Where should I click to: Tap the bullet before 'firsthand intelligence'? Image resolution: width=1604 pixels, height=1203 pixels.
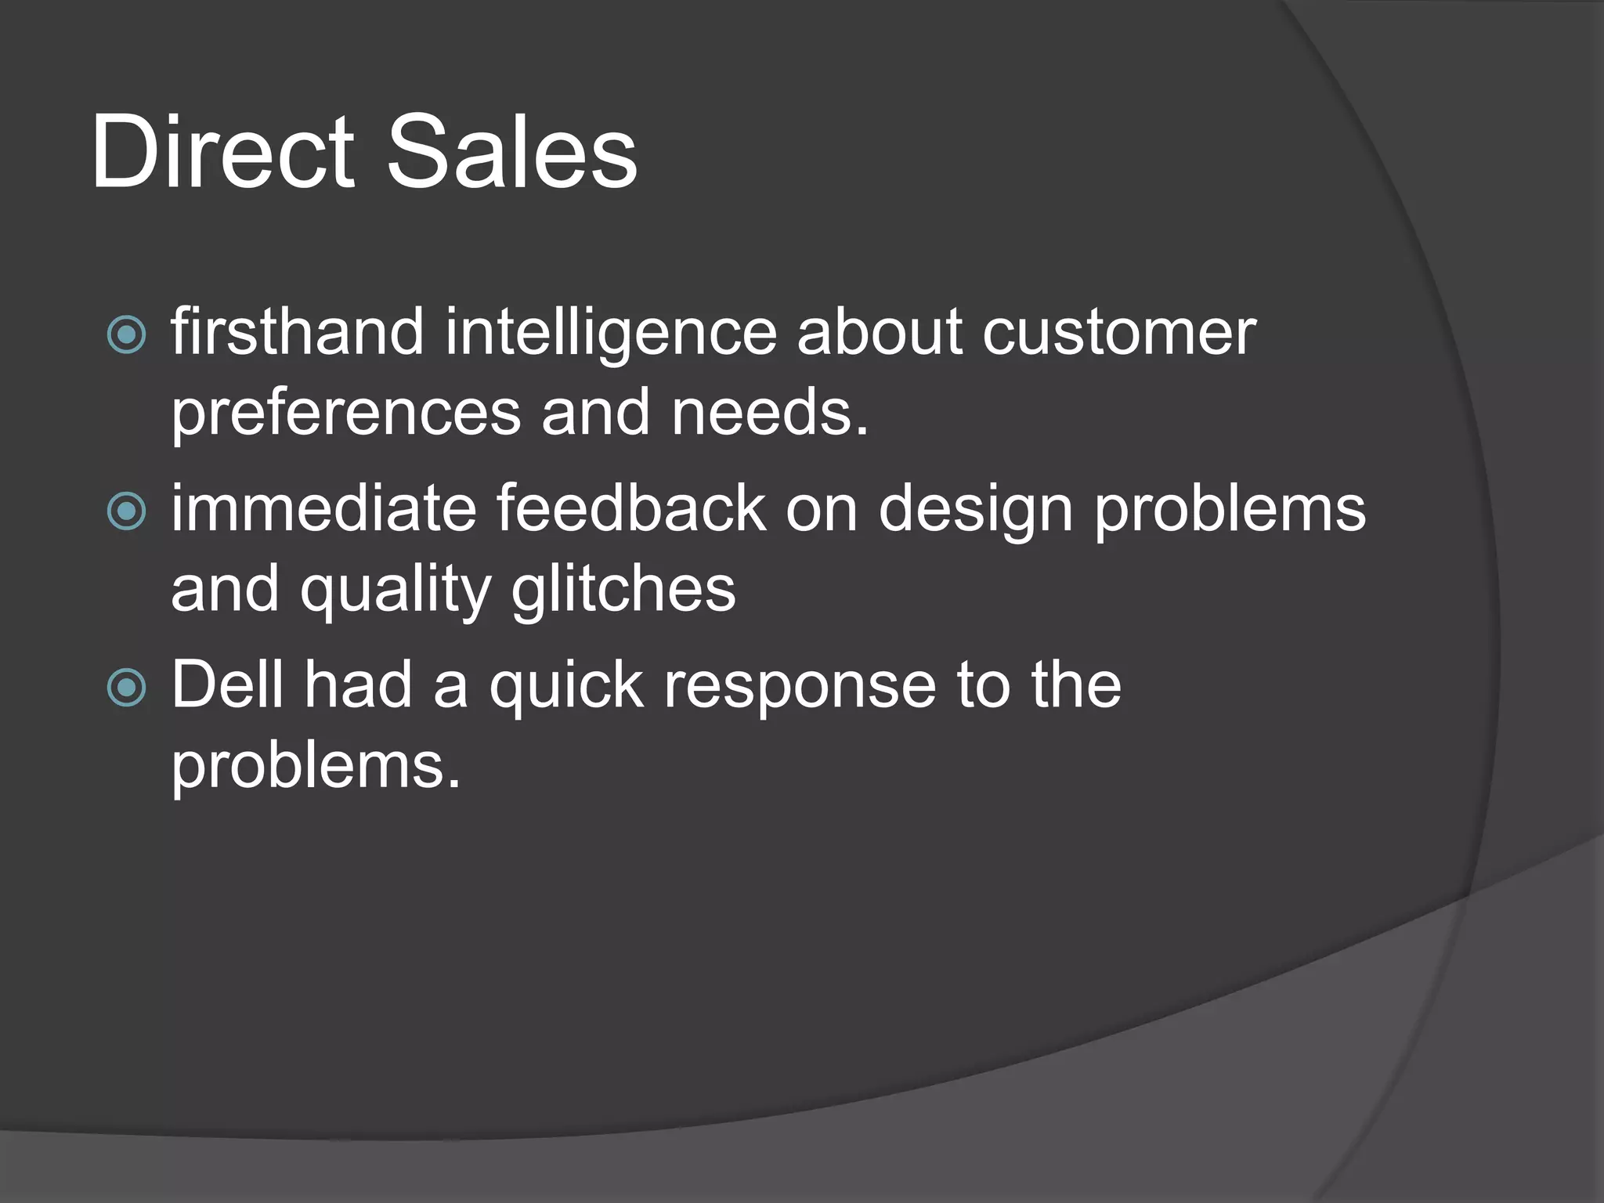tap(126, 334)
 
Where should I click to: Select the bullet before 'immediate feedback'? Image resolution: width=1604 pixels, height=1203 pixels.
tap(126, 511)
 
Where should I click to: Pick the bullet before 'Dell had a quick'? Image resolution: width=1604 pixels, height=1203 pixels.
tap(126, 688)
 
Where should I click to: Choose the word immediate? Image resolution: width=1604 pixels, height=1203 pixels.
tap(323, 509)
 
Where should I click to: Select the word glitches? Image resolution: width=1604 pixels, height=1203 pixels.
tap(623, 590)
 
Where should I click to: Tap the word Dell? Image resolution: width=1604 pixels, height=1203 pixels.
tap(227, 685)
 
